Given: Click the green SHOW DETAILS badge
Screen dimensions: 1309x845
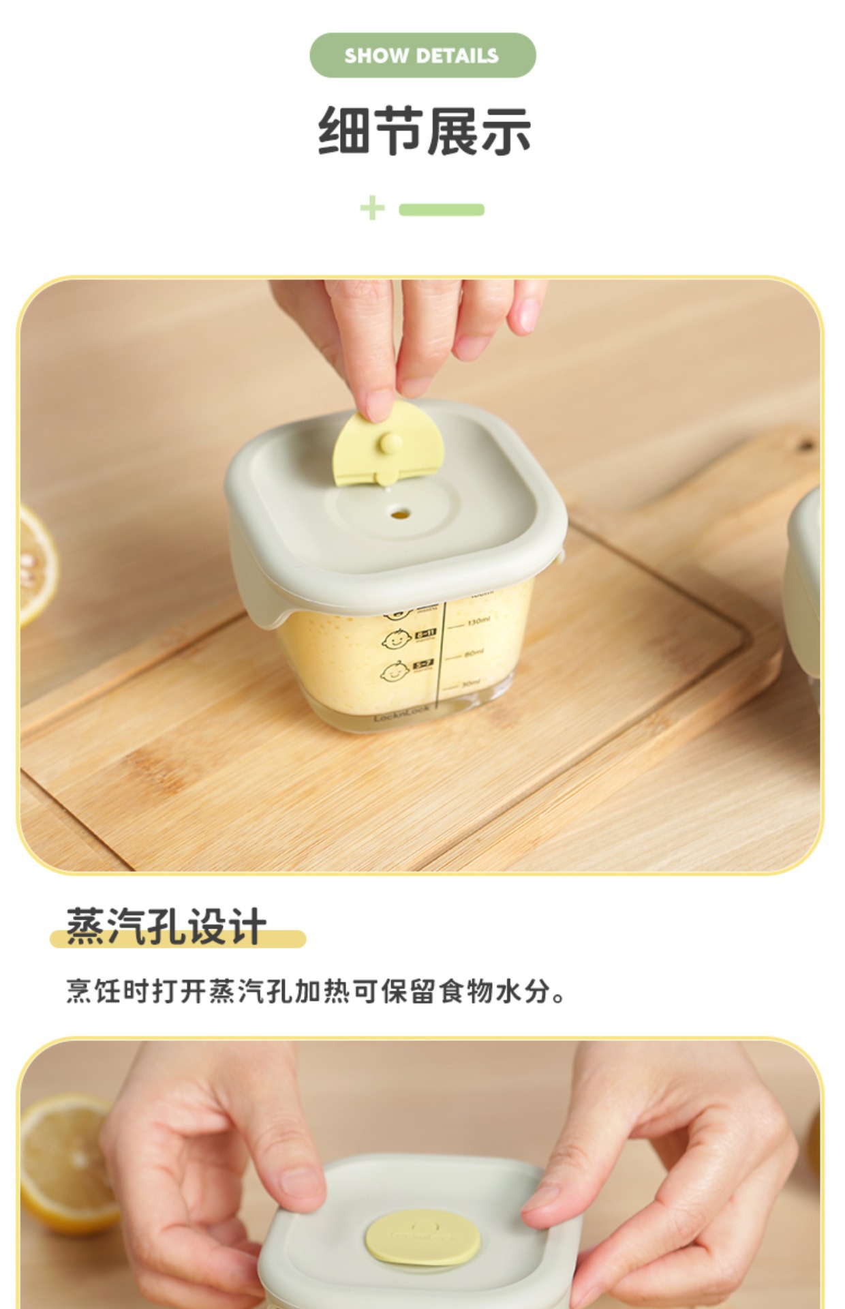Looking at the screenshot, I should (422, 55).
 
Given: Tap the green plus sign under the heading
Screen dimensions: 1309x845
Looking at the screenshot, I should (372, 209).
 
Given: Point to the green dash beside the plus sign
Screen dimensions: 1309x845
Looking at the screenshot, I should (442, 209).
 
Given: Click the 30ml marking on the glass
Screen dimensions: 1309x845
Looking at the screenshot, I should (470, 683).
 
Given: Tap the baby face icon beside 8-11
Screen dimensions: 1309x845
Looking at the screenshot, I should (397, 640).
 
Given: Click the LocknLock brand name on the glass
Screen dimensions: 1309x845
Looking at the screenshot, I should (401, 714).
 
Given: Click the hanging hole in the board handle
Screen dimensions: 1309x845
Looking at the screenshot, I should (805, 446).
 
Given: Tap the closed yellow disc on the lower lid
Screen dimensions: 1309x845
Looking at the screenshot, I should (422, 1237).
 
